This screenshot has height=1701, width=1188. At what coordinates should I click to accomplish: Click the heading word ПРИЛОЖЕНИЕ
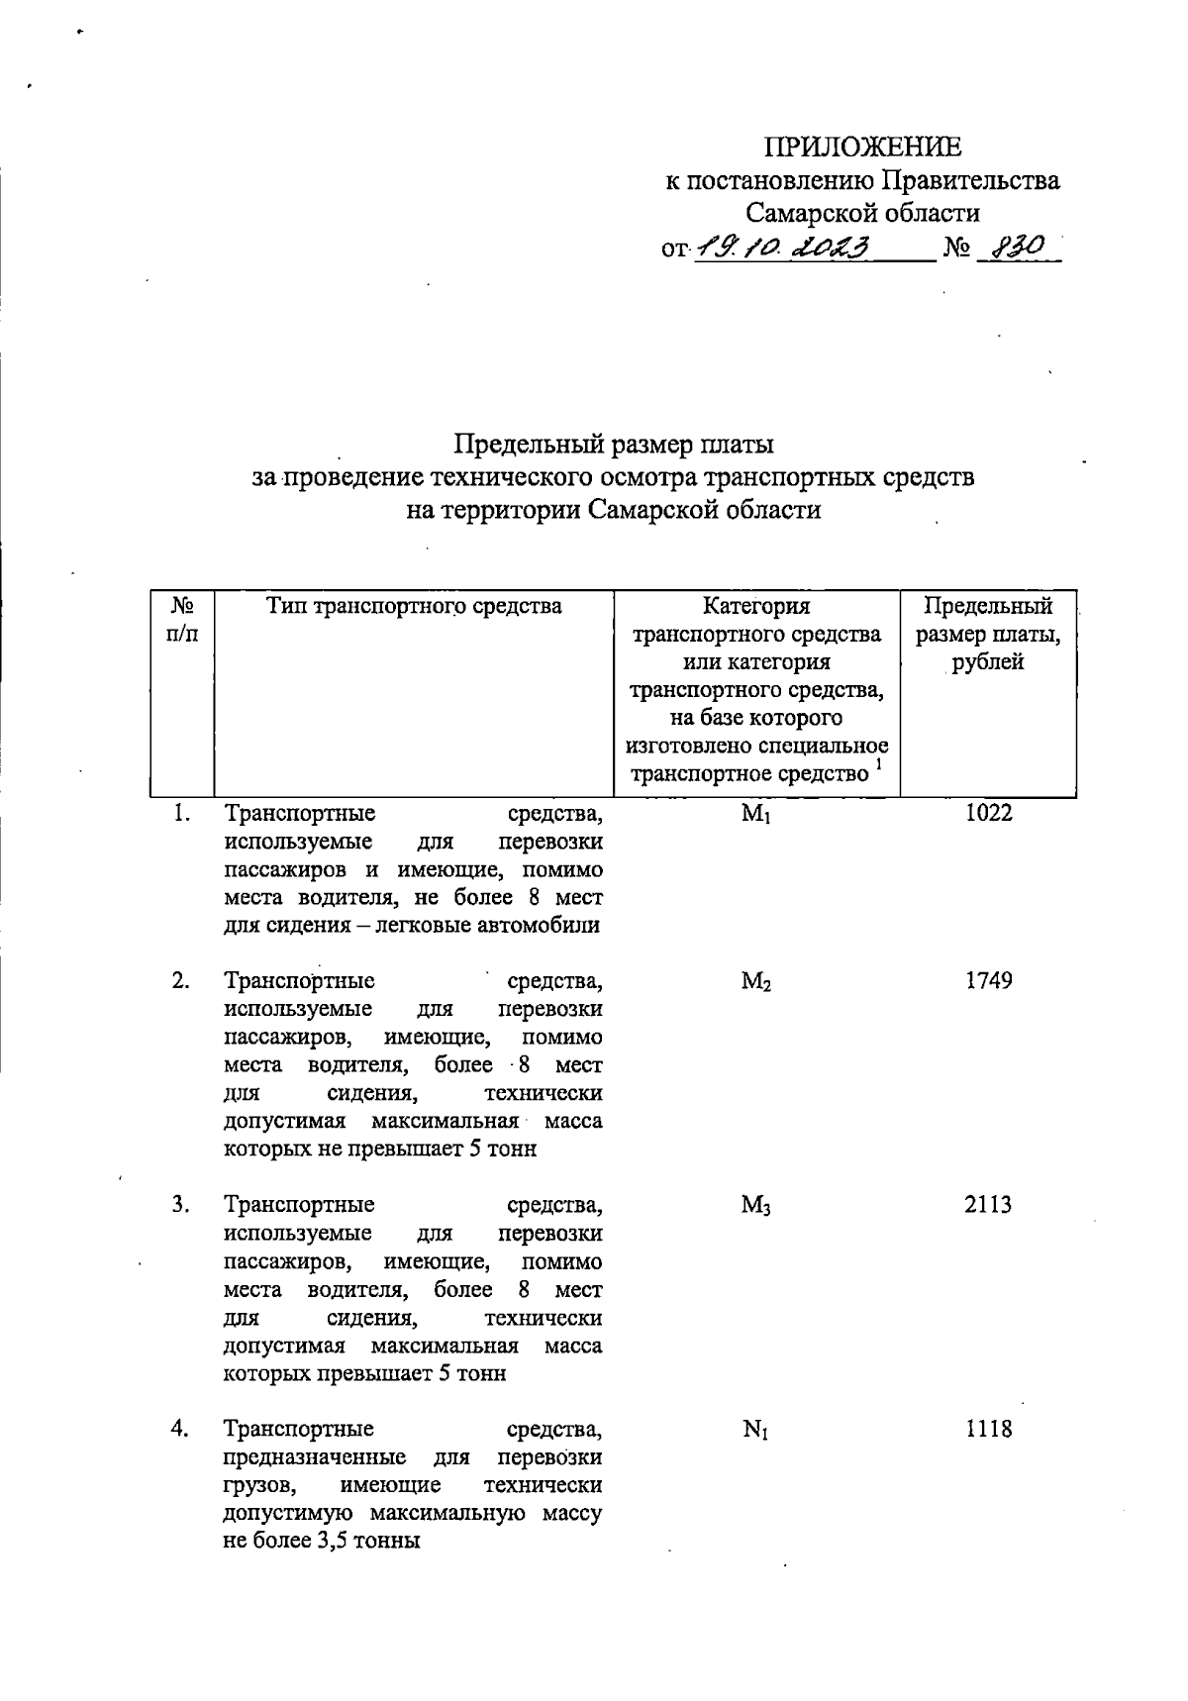click(x=862, y=148)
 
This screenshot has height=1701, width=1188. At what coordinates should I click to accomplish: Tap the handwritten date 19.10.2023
click(x=781, y=248)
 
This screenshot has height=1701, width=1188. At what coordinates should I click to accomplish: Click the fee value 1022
click(x=989, y=814)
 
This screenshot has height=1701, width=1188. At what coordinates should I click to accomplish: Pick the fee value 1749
click(x=989, y=981)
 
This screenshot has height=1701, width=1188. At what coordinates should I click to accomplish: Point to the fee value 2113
click(x=989, y=1205)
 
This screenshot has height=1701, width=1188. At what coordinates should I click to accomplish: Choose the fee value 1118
click(x=989, y=1429)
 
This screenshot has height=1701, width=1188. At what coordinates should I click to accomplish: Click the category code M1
click(x=755, y=815)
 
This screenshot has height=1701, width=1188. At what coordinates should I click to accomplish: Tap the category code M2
click(x=755, y=982)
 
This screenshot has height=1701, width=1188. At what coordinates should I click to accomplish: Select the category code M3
click(x=755, y=1206)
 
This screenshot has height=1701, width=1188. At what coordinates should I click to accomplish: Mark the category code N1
click(x=755, y=1430)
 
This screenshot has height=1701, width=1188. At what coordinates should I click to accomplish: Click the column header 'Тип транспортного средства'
click(x=414, y=606)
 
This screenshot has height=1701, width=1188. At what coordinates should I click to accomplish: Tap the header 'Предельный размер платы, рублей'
click(x=988, y=634)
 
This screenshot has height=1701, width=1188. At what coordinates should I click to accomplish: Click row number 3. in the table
click(x=180, y=1205)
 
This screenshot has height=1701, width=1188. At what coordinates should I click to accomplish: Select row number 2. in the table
click(x=180, y=981)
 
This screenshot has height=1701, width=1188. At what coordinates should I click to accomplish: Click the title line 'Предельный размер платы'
click(x=614, y=445)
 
